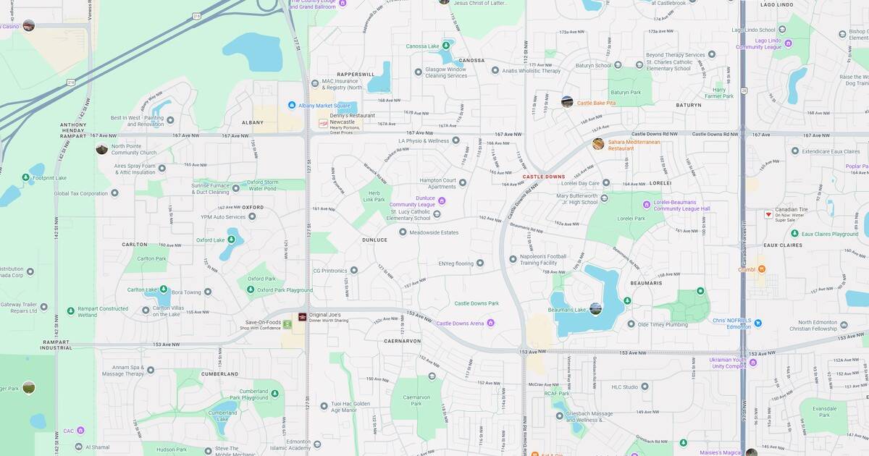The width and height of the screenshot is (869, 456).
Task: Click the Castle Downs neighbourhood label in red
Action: pyautogui.click(x=544, y=177)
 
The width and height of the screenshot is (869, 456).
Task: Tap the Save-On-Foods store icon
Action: pyautogui.click(x=287, y=324)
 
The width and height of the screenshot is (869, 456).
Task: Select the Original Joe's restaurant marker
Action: pyautogui.click(x=303, y=317)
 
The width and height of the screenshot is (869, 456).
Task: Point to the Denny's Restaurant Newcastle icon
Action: pyautogui.click(x=323, y=124)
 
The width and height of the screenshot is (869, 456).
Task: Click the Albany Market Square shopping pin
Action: pyautogui.click(x=292, y=105)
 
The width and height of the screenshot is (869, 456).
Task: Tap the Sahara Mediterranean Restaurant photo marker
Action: pyautogui.click(x=598, y=144)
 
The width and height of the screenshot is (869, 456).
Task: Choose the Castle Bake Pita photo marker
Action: pyautogui.click(x=567, y=102)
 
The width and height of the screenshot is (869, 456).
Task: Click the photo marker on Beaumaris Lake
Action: pyautogui.click(x=595, y=309)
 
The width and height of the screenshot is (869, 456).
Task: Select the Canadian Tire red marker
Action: pyautogui.click(x=768, y=214)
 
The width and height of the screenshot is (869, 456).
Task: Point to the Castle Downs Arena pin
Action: pyautogui.click(x=491, y=323)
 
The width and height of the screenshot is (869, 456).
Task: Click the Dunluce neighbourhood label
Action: pyautogui.click(x=374, y=240)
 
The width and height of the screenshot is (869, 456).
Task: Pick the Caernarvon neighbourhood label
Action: pyautogui.click(x=403, y=339)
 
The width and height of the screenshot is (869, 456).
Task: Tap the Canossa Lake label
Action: pyautogui.click(x=423, y=47)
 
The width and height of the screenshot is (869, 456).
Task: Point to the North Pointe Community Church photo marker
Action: pyautogui.click(x=102, y=148)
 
